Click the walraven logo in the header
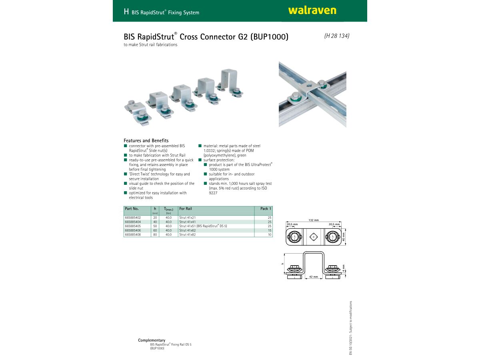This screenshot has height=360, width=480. click(312, 11)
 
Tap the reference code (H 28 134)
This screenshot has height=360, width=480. click(337, 36)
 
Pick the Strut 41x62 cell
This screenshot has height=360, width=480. click(187, 230)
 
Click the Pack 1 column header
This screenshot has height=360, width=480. click(265, 209)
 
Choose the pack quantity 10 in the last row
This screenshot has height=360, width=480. click(270, 235)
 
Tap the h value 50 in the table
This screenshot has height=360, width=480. click(155, 226)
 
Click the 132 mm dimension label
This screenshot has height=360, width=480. click(314, 220)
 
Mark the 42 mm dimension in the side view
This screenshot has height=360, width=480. click(313, 277)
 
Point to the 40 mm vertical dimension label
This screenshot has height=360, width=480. click(343, 237)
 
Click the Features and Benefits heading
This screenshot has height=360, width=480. click(146, 140)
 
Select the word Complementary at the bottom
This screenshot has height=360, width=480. click(152, 340)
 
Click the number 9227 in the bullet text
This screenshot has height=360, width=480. click(213, 193)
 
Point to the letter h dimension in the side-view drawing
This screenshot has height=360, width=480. click(282, 263)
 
